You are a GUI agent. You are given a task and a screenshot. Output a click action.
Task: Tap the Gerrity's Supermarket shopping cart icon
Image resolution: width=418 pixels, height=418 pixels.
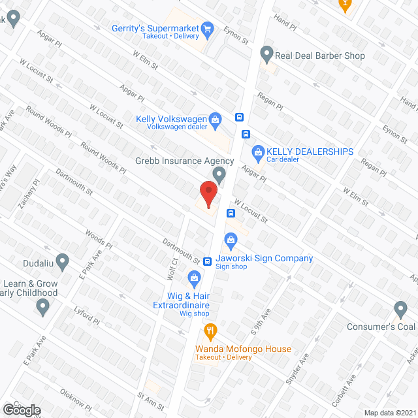point(208,28)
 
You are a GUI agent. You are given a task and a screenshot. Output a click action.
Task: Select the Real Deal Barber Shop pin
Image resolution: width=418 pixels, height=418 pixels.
point(266,53)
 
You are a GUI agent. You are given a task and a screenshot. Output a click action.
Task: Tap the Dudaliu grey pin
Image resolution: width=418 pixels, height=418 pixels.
point(62,262)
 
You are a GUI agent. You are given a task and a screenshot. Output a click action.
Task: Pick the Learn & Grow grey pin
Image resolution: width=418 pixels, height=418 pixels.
point(44,308)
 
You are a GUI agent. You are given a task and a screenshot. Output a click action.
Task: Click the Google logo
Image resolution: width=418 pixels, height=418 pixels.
point(22,410)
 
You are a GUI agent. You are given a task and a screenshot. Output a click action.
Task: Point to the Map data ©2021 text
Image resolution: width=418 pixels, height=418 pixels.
point(389,413)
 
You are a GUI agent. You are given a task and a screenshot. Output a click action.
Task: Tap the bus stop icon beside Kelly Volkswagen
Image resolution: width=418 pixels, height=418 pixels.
point(240,118)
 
